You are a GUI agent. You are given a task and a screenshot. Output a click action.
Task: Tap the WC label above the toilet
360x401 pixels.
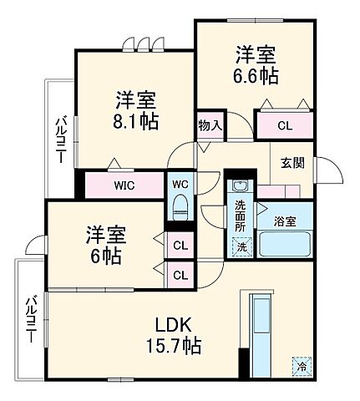pyautogui.click(x=180, y=183)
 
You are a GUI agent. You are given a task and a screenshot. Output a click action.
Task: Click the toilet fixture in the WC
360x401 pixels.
pyautogui.click(x=180, y=206)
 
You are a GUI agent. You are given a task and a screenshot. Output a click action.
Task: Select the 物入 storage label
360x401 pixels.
pyautogui.click(x=210, y=126)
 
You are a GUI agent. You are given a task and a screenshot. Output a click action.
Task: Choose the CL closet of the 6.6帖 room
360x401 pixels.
pyautogui.click(x=284, y=126)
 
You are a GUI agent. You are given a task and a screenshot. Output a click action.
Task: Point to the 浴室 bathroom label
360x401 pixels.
pyautogui.click(x=284, y=221)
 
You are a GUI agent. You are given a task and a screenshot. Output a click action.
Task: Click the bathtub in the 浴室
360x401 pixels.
pyautogui.click(x=286, y=245)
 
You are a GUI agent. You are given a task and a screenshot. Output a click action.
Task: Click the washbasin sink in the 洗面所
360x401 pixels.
pyautogui.click(x=240, y=185)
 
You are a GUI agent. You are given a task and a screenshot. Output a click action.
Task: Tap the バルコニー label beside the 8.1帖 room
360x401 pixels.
pyautogui.click(x=61, y=135)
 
